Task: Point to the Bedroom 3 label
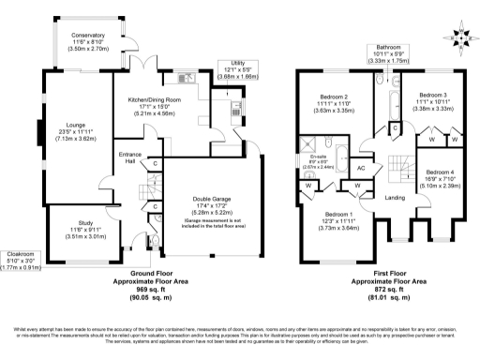coord(432,96)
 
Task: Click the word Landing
coord(394,197)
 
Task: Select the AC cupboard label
coord(361,167)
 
